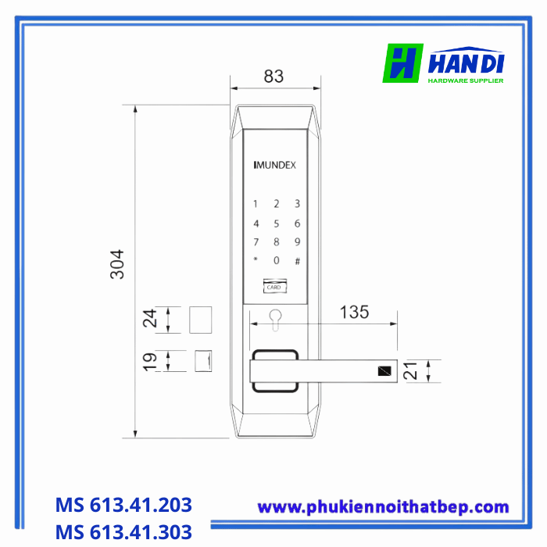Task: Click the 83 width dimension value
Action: coord(273,77)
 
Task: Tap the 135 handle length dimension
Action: coord(354,313)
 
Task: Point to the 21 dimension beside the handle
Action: coord(414,370)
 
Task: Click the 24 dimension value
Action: coord(151,318)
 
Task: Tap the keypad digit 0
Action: coord(276,260)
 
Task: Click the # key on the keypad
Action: coord(297,260)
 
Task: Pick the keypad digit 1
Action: coord(255,205)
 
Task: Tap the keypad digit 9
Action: coord(297,241)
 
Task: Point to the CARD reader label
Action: coord(273,287)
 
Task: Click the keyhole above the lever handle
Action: coord(275,318)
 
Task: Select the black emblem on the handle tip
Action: coord(385,371)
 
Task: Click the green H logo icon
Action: coord(402,63)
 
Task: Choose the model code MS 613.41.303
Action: coord(123,532)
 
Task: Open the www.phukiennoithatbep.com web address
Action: coord(383,507)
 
